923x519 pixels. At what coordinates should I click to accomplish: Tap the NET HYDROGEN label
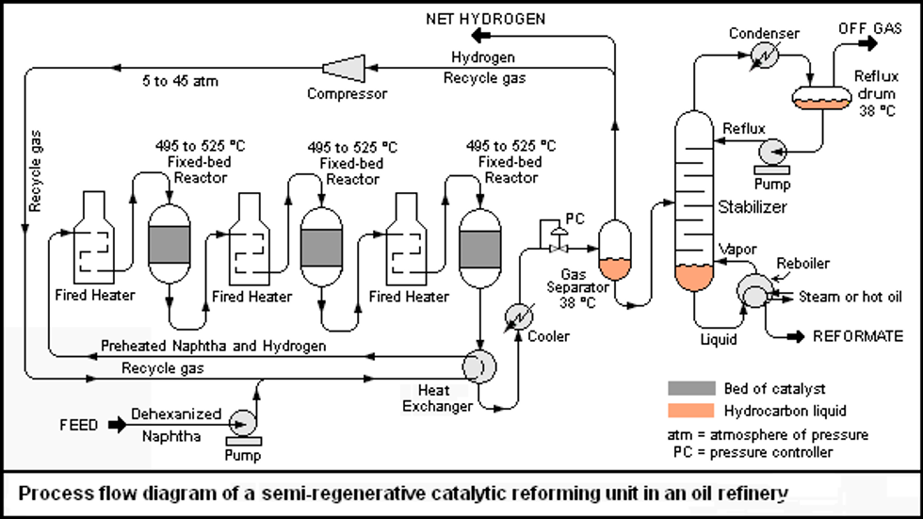pyautogui.click(x=486, y=18)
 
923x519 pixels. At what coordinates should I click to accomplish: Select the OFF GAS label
pyautogui.click(x=870, y=28)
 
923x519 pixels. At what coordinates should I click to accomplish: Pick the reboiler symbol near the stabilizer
pyautogui.click(x=753, y=291)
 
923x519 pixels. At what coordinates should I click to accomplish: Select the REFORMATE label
pyautogui.click(x=857, y=336)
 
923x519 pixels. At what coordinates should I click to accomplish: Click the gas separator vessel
pyautogui.click(x=615, y=250)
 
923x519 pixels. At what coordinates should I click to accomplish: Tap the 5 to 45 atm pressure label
pyautogui.click(x=179, y=81)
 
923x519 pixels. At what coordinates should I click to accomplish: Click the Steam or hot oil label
pyautogui.click(x=850, y=297)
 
